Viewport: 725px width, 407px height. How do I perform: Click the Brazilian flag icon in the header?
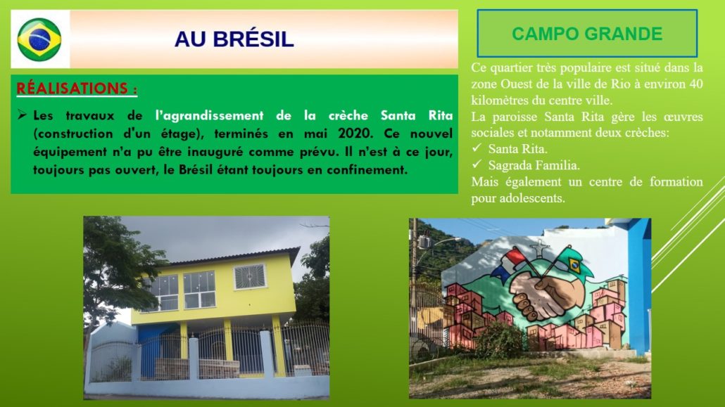tap(39, 40)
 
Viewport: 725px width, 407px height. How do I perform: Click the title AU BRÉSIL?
tap(234, 39)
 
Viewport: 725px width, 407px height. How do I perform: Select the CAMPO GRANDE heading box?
tap(587, 33)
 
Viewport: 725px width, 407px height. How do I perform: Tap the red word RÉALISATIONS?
tap(72, 88)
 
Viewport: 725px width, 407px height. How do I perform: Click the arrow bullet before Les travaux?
tap(22, 115)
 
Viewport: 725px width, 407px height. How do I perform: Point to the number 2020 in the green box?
tap(355, 134)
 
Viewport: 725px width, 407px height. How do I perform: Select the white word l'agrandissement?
tap(210, 115)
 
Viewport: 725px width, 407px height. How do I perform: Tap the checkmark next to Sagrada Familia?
tap(477, 164)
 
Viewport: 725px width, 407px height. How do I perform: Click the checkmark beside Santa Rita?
tap(477, 148)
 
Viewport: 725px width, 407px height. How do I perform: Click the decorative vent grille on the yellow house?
tap(250, 276)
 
